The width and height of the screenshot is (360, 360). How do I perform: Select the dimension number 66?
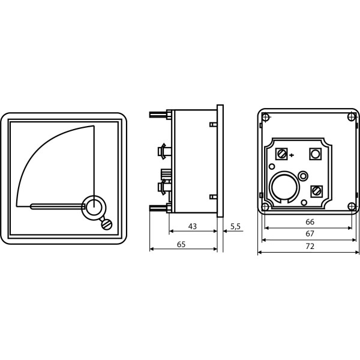point(309,221)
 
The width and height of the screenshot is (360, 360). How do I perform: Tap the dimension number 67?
point(309,233)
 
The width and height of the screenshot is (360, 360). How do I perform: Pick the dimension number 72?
point(309,246)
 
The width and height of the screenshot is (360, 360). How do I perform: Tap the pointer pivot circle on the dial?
point(93,207)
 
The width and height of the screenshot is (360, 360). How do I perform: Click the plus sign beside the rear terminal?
point(292,155)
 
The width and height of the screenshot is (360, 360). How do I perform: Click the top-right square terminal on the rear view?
point(315,154)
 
